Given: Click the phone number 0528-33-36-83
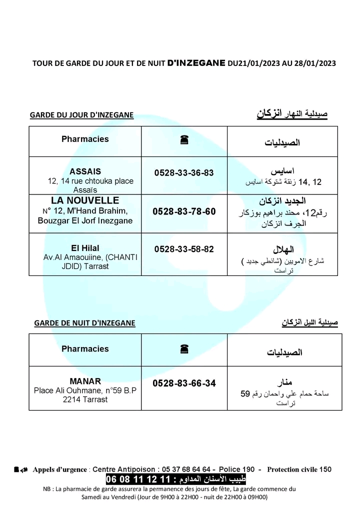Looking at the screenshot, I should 184,172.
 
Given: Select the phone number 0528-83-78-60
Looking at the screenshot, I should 184,211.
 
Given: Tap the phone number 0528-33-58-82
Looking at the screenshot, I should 184,248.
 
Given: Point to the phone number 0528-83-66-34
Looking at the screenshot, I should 184,383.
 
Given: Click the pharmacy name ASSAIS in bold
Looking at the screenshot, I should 85,171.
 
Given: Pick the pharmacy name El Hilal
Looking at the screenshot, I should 85,248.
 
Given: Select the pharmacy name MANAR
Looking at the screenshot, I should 85,380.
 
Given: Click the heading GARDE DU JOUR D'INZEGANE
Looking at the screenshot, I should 81,115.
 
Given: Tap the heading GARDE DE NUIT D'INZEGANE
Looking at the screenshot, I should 84,323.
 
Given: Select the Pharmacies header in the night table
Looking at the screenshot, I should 85,349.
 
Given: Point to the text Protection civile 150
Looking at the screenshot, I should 299,469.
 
